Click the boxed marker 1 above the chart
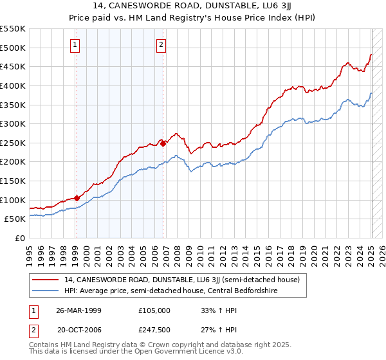point(76,44)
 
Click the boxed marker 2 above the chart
point(161,44)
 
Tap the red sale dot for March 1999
point(77,198)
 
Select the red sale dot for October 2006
point(163,143)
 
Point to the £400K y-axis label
point(13,85)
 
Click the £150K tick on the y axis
point(13,181)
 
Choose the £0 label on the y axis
point(19,238)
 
